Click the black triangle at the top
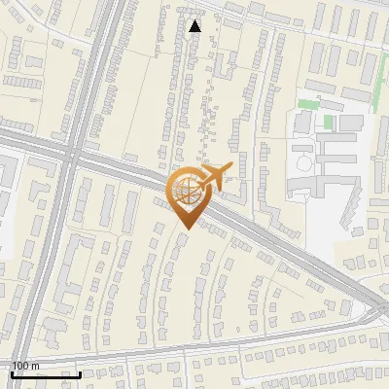coord(195,25)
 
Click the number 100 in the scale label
coord(21,366)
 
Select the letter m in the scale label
coord(36,366)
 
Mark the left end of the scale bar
coord(11,374)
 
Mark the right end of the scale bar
coord(81,374)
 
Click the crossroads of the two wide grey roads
coord(71,156)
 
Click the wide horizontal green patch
coord(308,103)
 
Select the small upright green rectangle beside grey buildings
coord(329,123)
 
